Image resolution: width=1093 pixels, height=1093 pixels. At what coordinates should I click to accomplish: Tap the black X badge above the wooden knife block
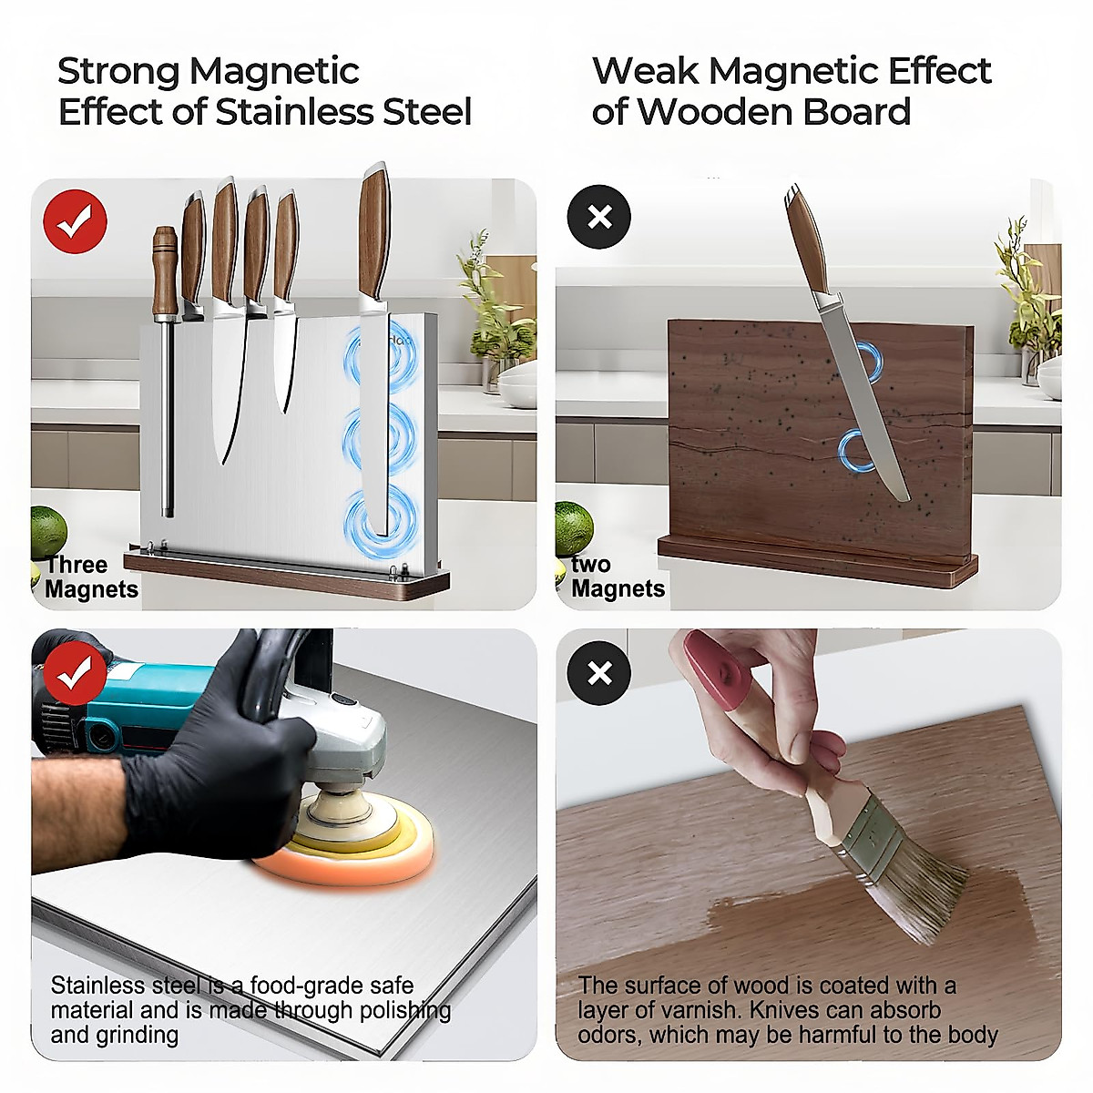coord(599,217)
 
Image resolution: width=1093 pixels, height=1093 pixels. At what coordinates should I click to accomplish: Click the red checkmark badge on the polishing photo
coord(75,674)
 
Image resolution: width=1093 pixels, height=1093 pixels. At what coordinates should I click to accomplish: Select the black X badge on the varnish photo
coord(599,673)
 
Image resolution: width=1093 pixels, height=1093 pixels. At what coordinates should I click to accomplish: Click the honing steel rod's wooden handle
coord(165,271)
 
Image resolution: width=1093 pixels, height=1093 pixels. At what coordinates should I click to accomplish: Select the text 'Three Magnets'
coord(91,577)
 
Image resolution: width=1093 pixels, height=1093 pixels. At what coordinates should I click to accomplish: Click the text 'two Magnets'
coord(618,577)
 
